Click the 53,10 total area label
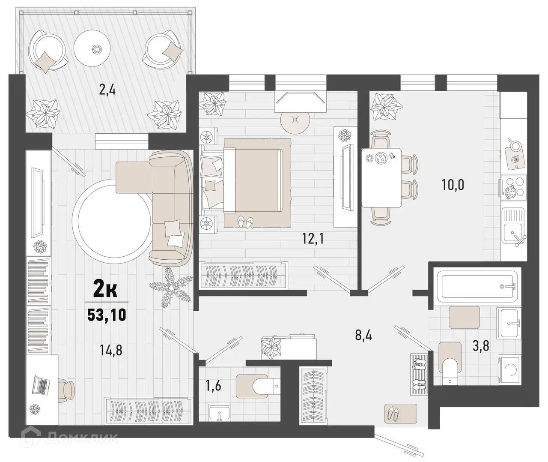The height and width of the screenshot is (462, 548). (107, 315)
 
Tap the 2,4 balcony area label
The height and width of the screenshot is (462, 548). (107, 90)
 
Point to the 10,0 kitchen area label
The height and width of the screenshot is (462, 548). (453, 185)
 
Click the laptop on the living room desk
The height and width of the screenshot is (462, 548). (42, 386)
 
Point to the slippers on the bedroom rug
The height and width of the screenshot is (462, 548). (245, 222)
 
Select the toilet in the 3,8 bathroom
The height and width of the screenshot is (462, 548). (450, 367)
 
